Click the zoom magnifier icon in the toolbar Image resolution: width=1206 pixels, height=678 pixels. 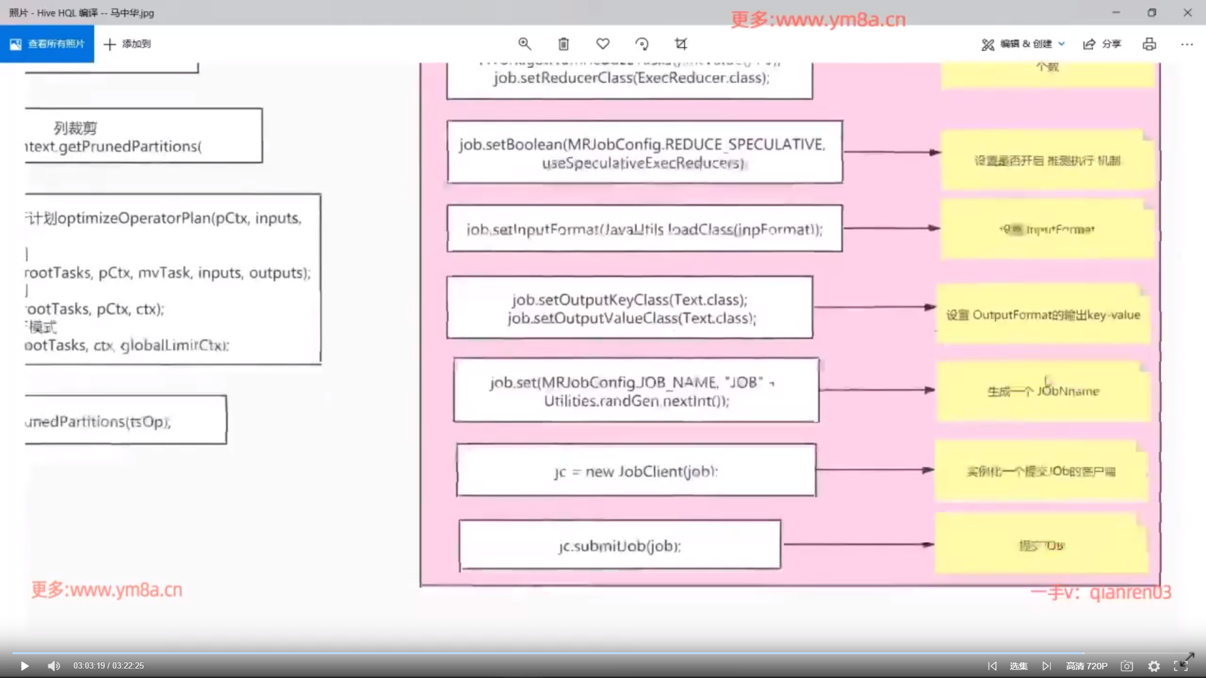(524, 44)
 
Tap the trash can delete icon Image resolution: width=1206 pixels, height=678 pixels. (563, 44)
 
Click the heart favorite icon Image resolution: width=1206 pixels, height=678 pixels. (603, 44)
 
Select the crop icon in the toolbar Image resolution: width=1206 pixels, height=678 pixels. (681, 44)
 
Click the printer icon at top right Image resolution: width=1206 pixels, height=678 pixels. (1149, 44)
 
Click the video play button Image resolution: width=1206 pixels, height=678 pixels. (24, 666)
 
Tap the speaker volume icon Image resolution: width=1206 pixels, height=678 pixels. (54, 666)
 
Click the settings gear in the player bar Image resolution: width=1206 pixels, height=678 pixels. (1154, 666)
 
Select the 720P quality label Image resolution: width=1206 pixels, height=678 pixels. (1087, 666)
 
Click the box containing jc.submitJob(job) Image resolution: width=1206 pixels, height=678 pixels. (620, 545)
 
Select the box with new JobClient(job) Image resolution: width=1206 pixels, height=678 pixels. (636, 471)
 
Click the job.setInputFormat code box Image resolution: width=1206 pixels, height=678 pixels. (644, 229)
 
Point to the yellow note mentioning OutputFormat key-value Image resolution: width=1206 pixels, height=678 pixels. (1043, 315)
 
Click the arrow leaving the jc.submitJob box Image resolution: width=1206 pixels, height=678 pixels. (857, 545)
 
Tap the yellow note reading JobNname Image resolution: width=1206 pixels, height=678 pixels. (1043, 391)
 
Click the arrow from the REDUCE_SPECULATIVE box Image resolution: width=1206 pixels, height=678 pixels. (891, 152)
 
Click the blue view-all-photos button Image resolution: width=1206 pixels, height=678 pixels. (47, 44)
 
